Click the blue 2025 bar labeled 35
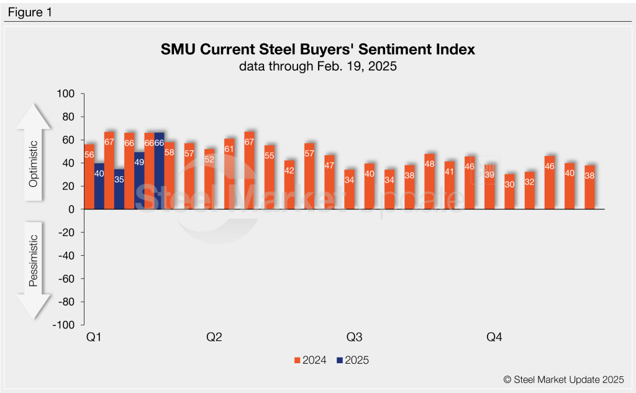(119, 189)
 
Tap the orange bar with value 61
(229, 174)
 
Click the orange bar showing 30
(509, 192)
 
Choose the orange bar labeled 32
(529, 191)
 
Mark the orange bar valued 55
(270, 178)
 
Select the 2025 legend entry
(353, 359)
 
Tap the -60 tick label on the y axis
(65, 279)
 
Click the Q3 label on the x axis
(354, 338)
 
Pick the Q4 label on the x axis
(494, 338)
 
